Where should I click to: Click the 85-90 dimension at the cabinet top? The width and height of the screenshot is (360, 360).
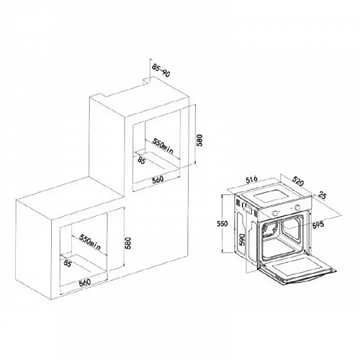tap(161, 71)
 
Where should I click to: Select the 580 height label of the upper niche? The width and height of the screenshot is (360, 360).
tap(199, 140)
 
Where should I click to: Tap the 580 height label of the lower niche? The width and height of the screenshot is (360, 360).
tap(128, 243)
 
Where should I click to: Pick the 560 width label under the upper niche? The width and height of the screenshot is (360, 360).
tap(158, 179)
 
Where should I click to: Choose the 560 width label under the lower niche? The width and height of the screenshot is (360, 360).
tap(85, 282)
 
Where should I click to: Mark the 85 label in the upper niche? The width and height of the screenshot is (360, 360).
tap(141, 161)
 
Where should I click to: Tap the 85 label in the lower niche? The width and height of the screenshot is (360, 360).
tap(68, 264)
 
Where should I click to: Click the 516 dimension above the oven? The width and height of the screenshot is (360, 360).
tap(251, 179)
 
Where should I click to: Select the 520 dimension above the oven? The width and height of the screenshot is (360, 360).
tap(298, 181)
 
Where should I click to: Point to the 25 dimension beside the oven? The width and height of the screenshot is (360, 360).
tap(323, 196)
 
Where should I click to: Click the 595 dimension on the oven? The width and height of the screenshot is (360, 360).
tap(318, 225)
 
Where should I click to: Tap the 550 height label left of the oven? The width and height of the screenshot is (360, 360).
tap(222, 224)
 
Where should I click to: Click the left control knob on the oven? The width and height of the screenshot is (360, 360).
tap(276, 212)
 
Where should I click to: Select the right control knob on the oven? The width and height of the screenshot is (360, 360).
tap(297, 207)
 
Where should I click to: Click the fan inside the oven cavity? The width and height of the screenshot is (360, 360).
tap(269, 230)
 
